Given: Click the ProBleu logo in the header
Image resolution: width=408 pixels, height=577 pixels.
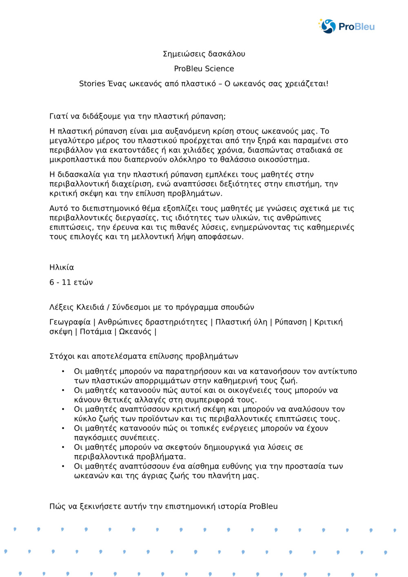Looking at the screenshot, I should point(346,27).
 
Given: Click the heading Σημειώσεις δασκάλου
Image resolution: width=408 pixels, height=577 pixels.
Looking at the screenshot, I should point(204,54).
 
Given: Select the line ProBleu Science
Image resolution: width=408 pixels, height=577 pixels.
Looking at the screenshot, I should point(204,69).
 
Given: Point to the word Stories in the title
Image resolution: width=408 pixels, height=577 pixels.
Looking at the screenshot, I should point(92,84).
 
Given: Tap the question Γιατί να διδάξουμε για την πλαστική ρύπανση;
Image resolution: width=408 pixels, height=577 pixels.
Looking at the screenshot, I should point(137,116).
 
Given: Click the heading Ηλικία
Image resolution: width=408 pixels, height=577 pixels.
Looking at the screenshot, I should point(62,267).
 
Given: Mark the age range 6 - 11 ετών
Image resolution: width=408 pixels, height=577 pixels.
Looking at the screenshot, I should point(71,282).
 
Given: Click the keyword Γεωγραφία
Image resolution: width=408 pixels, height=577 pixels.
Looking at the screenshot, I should point(70,322).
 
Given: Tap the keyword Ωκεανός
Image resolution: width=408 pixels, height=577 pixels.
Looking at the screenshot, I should point(135,332).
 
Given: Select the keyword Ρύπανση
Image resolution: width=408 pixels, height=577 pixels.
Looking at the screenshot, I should point(290,322).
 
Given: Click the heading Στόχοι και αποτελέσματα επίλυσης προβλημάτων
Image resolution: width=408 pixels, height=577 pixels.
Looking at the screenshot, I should point(144,356).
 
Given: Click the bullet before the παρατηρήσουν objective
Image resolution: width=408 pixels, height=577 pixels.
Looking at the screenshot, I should point(63,371).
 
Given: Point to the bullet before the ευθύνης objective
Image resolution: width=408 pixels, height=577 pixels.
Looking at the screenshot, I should point(63,466).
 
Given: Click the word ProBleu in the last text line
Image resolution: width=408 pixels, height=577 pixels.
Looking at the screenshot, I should point(263,506).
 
